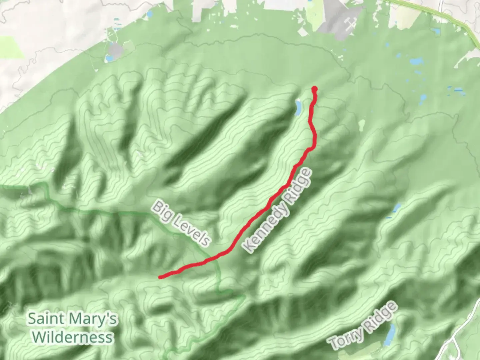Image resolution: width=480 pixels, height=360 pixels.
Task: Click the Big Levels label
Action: coord(182,223)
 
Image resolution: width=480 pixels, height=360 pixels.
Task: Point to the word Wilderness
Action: coord(73,337)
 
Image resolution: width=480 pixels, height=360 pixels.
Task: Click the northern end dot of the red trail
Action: coord(314,89)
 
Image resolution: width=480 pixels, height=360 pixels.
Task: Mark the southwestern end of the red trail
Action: coord(161,277)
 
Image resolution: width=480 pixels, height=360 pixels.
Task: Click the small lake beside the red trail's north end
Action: coord(298,107)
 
